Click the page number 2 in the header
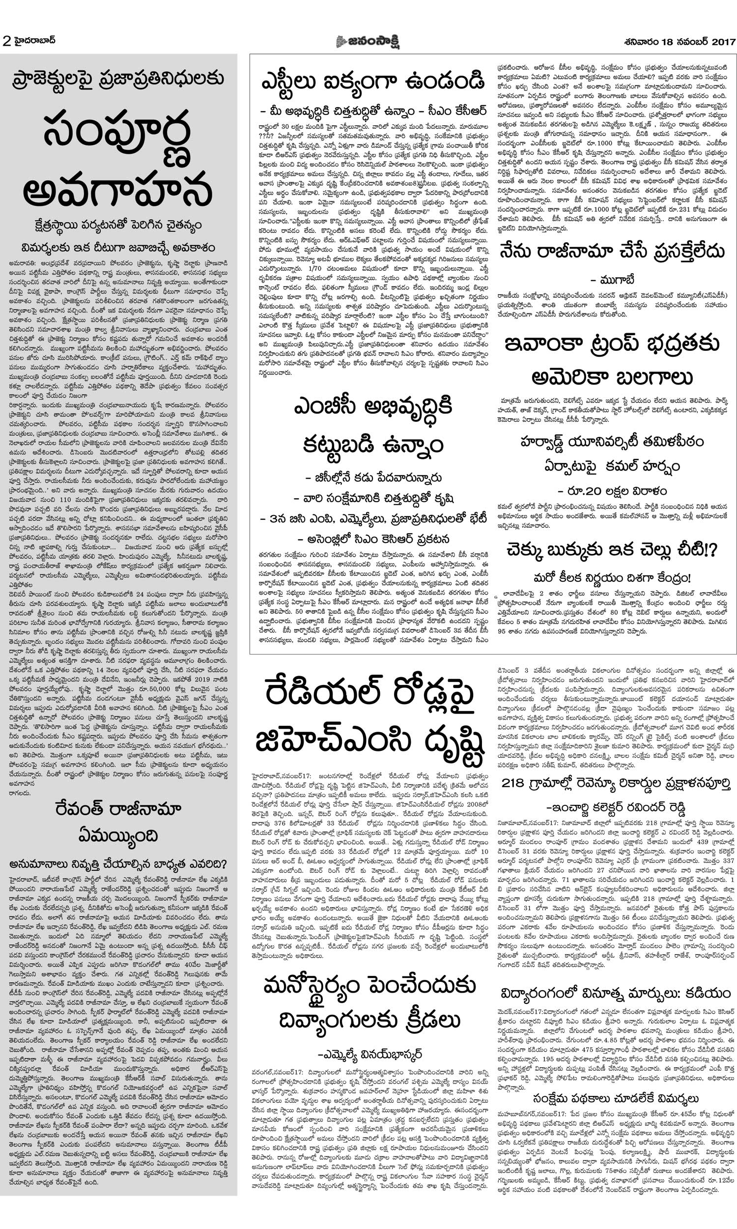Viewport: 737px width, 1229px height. tap(6, 41)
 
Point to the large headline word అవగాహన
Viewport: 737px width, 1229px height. tap(118, 191)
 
